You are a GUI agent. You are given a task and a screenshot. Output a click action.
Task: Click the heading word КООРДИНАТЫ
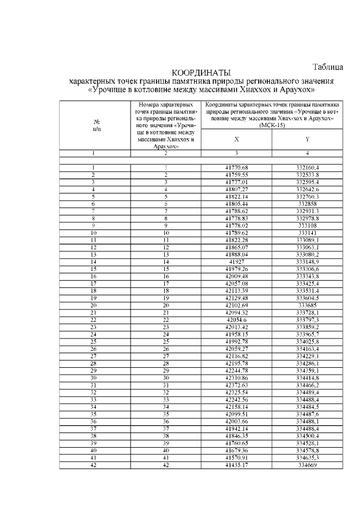201,73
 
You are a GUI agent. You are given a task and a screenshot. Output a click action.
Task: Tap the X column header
236,138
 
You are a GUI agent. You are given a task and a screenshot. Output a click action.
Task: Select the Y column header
307,138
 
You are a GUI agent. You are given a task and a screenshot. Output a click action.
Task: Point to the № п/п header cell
97,125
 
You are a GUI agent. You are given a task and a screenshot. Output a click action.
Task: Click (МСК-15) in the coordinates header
272,125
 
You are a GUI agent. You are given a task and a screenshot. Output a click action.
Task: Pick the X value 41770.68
236,168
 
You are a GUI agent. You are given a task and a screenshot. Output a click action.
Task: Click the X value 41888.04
236,254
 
